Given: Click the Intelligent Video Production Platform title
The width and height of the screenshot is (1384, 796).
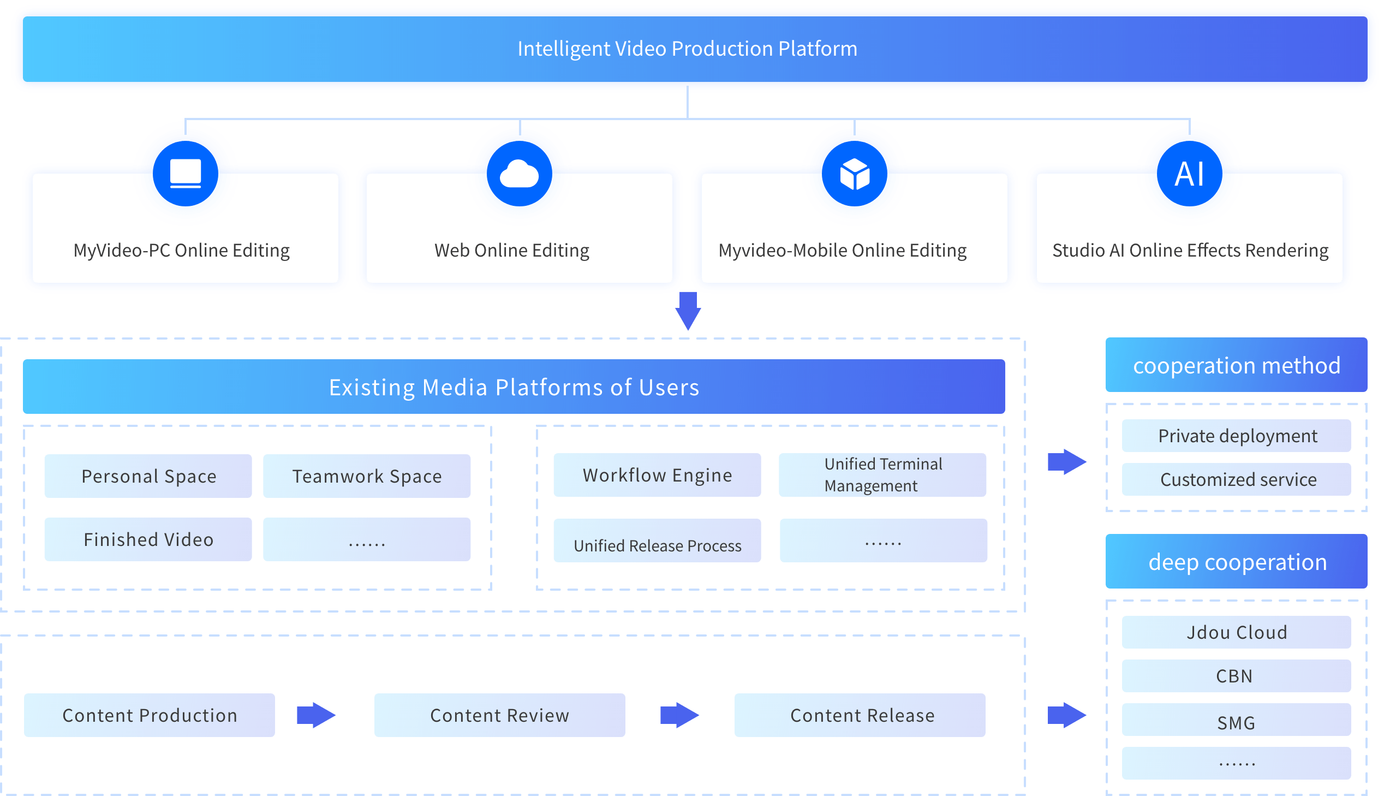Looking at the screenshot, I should point(687,49).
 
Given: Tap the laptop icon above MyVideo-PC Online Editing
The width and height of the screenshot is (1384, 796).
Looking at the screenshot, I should point(185,174).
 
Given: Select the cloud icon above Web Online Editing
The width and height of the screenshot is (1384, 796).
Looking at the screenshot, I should point(519,175).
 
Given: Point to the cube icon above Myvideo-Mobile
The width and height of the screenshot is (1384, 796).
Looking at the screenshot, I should point(855,174).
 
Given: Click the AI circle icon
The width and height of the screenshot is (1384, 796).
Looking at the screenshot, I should point(1190,174).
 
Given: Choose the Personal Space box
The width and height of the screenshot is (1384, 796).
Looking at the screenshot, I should point(148,476).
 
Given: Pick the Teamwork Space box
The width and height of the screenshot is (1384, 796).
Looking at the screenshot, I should point(367,476).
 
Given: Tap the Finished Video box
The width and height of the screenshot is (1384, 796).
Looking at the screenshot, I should point(148,539).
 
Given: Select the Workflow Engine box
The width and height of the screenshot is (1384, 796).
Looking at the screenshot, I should point(657,475).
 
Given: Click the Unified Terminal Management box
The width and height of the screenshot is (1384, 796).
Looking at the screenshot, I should point(882,475).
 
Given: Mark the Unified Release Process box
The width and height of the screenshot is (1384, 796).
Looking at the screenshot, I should point(657,540).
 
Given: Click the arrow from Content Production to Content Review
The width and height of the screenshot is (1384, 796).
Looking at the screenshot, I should point(316,715).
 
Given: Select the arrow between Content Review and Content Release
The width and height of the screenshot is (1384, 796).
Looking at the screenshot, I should point(679,715).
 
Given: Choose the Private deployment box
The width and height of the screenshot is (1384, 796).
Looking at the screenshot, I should point(1237,436).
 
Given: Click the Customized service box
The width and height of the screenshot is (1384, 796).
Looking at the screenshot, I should point(1237,479).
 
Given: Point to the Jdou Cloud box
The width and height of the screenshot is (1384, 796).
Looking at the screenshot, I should point(1237,633).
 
